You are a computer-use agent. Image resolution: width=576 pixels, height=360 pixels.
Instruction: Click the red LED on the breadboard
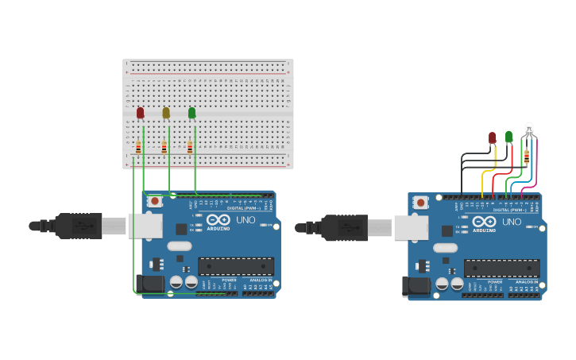coord(141,113)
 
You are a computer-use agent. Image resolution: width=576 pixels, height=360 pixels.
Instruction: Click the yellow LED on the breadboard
coord(166,113)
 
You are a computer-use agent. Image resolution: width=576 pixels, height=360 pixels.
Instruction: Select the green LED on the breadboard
coord(191,113)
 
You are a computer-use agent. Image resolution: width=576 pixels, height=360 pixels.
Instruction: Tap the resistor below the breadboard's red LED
coord(138,147)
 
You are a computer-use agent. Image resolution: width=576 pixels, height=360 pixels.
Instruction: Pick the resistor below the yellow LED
coord(164,147)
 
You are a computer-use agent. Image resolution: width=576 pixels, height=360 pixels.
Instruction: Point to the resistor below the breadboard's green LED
coord(189,147)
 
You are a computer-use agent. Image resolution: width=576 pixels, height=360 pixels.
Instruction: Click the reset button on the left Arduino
coord(155,202)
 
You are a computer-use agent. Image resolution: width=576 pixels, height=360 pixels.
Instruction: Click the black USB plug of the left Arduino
coord(78,226)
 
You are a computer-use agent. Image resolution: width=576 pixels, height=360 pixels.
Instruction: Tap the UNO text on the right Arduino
coord(512,222)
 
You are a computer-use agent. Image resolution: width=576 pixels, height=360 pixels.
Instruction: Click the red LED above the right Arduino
coord(493,137)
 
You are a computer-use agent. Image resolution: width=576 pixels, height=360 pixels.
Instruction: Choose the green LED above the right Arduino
coord(509,136)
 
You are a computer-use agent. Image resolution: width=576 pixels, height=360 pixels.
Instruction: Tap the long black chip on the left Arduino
coord(236,267)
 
